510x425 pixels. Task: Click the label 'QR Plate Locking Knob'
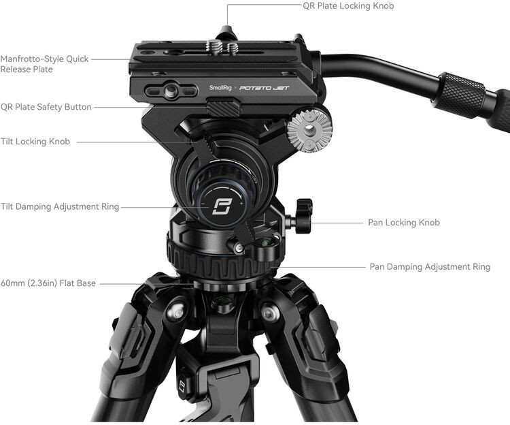[348, 6]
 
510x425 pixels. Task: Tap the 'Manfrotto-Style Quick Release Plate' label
[44, 64]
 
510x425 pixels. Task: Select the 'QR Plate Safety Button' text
[46, 107]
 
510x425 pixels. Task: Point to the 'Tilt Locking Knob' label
[35, 142]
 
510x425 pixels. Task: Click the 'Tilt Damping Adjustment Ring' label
[60, 207]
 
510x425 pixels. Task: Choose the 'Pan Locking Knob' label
[403, 223]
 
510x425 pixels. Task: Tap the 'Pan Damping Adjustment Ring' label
[429, 267]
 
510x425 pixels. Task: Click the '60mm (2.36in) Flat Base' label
[48, 283]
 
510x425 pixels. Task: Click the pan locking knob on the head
[301, 217]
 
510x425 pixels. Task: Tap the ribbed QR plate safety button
[222, 107]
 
